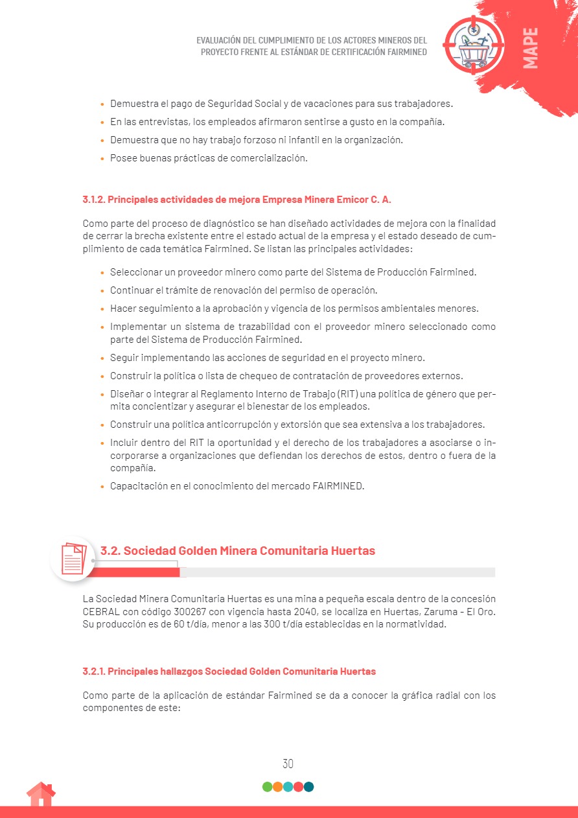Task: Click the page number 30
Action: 288,764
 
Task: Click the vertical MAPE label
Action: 530,48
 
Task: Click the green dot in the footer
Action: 267,787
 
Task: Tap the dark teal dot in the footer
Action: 308,787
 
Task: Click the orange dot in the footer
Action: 277,787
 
